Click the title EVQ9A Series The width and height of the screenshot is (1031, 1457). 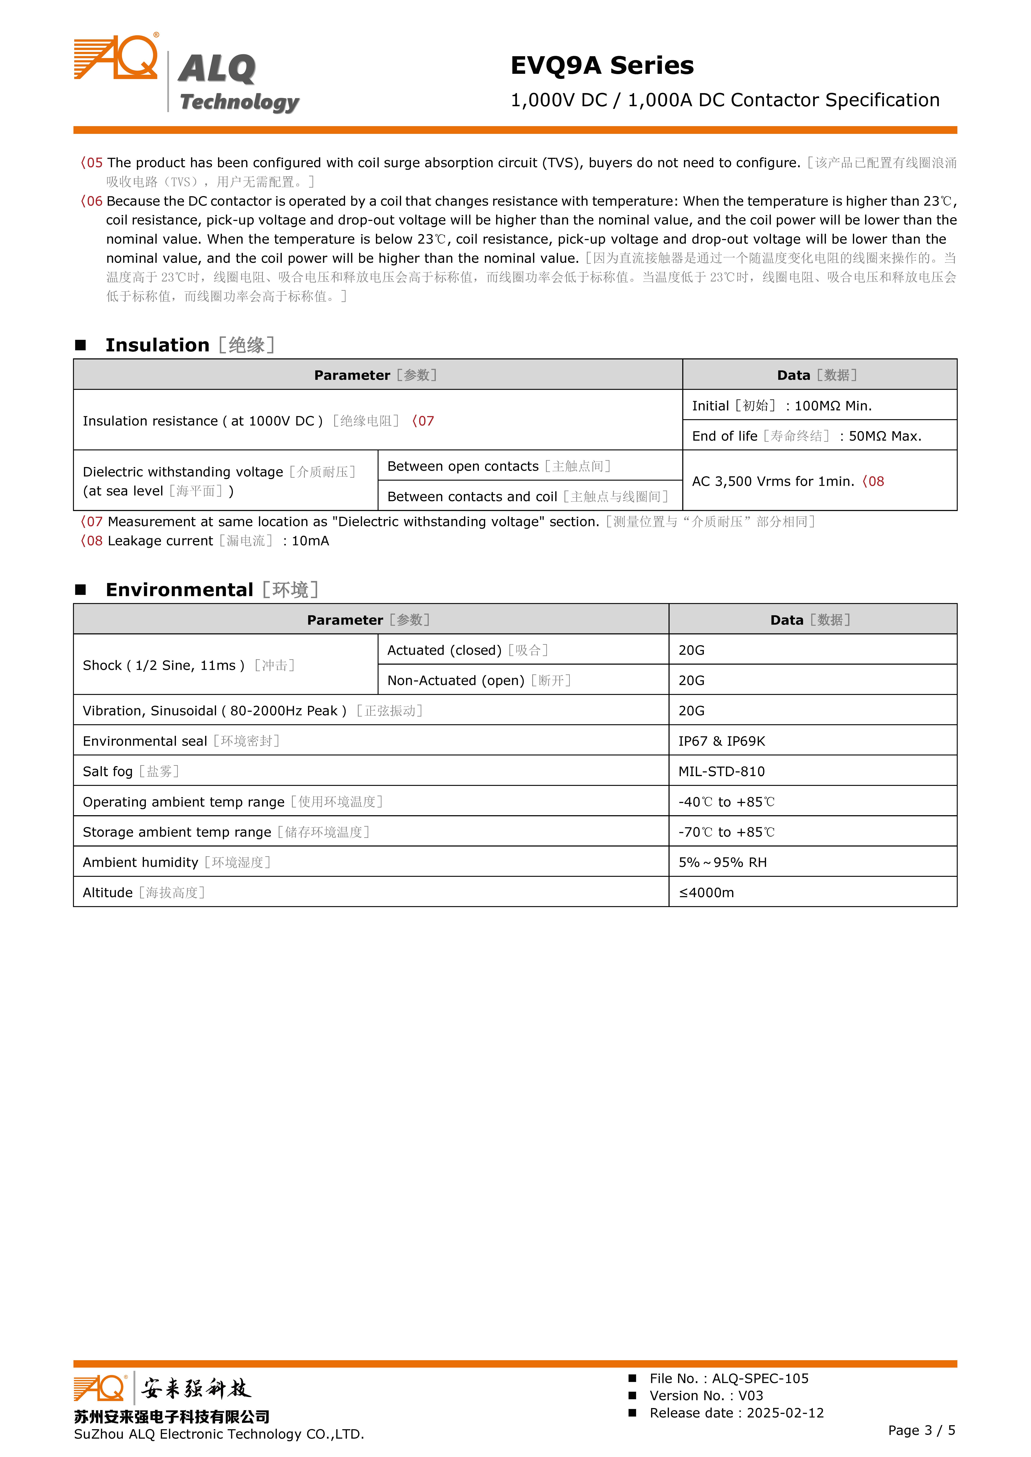tap(602, 65)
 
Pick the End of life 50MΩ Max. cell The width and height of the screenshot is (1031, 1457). tap(806, 436)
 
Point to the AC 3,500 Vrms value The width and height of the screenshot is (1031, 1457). tap(773, 481)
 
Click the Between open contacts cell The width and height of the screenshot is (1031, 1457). tap(498, 466)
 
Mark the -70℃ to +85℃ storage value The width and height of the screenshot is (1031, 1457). tap(726, 832)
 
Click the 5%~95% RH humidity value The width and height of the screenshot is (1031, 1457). tap(723, 863)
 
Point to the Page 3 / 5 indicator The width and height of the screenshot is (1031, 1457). tap(921, 1430)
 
